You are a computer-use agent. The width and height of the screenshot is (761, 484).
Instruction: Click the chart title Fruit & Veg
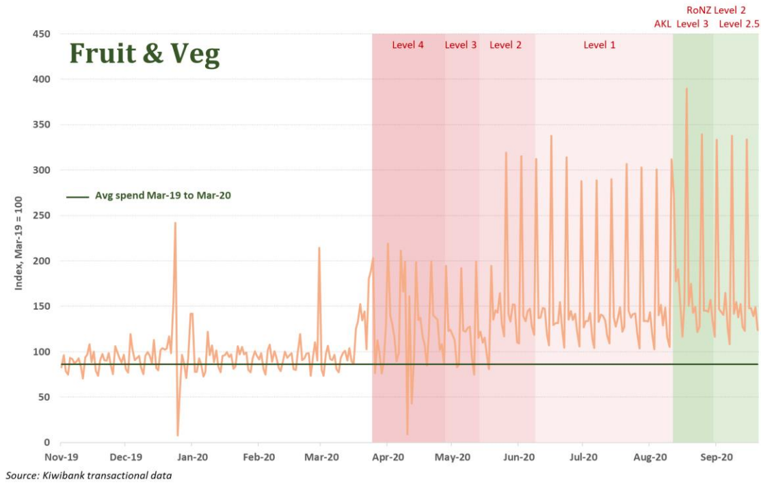click(144, 53)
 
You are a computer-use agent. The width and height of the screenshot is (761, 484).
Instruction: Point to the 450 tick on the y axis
click(41, 34)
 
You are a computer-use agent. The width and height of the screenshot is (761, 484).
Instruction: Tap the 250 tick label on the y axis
click(41, 215)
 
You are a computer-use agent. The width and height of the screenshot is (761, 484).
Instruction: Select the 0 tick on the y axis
click(46, 442)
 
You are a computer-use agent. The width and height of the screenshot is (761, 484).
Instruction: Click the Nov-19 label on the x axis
click(61, 456)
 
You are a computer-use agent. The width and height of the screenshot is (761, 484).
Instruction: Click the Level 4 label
click(408, 45)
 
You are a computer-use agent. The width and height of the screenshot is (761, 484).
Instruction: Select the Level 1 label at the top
click(599, 45)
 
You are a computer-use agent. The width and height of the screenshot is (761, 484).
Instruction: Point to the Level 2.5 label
click(739, 25)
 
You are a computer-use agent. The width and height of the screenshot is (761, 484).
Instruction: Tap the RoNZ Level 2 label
click(716, 10)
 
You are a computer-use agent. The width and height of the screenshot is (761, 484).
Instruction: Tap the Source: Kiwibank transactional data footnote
click(89, 475)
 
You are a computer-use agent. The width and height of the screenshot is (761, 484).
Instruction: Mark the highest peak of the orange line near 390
click(686, 89)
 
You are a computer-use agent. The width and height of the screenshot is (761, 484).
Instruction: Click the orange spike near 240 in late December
click(176, 223)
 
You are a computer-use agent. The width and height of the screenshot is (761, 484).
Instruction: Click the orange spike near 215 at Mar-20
click(319, 248)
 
